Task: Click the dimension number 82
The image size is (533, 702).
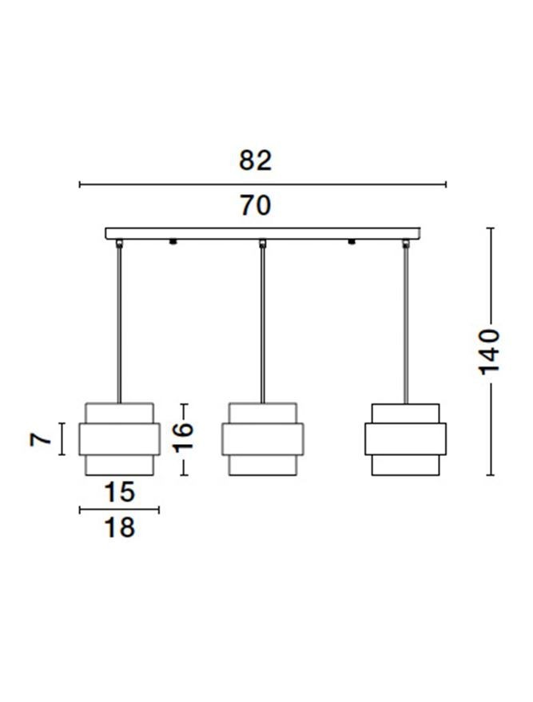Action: point(255,161)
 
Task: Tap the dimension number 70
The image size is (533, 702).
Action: point(255,205)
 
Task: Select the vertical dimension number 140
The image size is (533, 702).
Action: point(489,352)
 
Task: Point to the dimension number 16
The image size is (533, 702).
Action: point(183,437)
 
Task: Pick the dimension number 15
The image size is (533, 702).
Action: point(119,492)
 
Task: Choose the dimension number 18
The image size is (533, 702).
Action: point(119,527)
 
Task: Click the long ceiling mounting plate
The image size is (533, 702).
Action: point(262,233)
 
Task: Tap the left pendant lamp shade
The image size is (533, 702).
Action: point(119,439)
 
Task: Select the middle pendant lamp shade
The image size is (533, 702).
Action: point(262,439)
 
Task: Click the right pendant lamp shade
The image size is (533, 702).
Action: point(405,439)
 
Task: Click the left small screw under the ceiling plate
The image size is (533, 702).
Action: point(173,242)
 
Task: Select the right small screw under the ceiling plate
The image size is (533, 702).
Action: point(352,242)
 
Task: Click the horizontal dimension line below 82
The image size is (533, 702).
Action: point(262,184)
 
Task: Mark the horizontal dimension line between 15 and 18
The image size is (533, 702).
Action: point(119,510)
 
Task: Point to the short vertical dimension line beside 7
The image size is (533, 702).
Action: point(62,438)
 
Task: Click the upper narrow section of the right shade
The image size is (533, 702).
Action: point(405,413)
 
